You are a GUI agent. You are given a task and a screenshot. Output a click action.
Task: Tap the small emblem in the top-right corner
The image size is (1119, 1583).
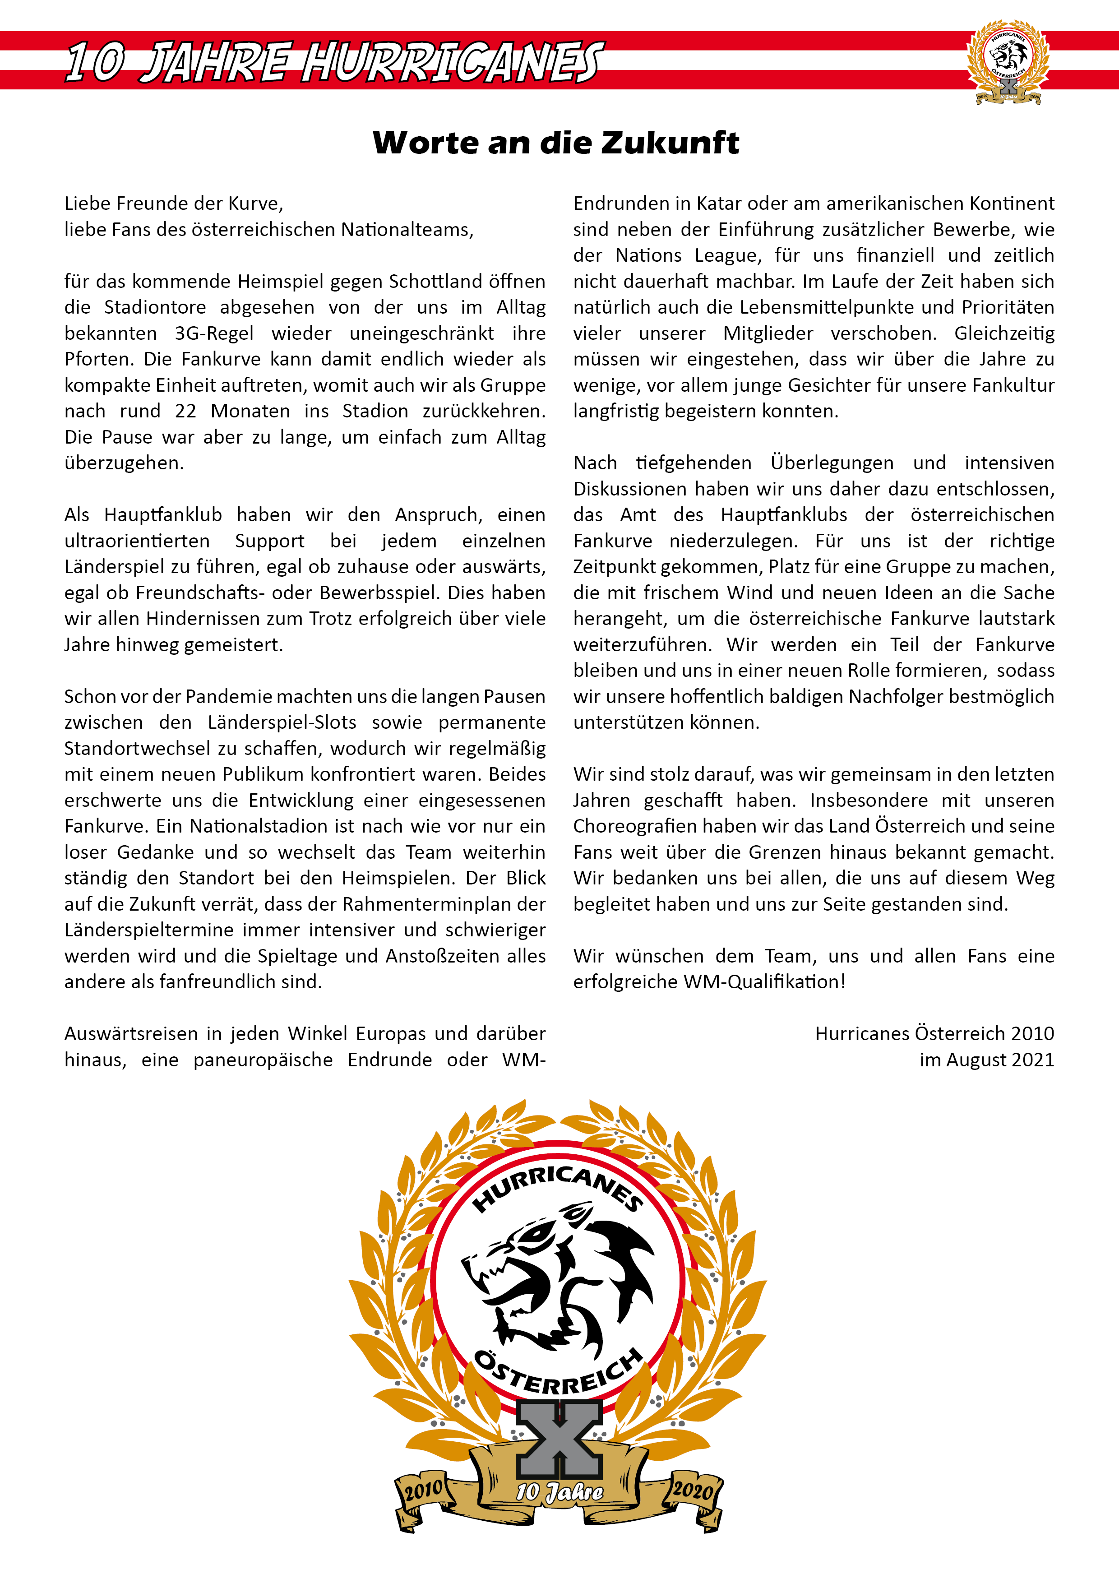[x=1008, y=62]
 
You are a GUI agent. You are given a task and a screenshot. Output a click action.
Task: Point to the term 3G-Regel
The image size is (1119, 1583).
[x=214, y=333]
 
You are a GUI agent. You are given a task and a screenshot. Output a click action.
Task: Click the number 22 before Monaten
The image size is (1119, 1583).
[x=185, y=411]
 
